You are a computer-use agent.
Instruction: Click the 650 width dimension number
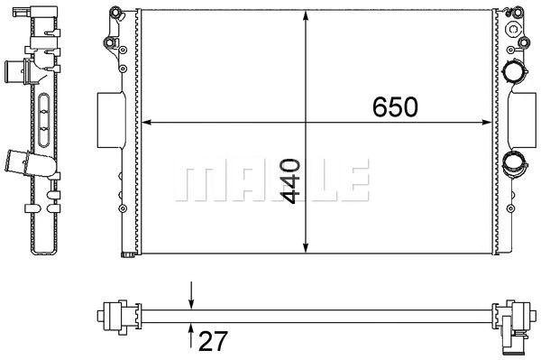tap(395, 106)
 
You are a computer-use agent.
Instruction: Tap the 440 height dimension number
tap(290, 180)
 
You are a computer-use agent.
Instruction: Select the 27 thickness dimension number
tap(214, 341)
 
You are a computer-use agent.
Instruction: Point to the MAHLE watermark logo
tap(272, 180)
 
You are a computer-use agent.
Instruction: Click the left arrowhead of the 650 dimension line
tap(146, 122)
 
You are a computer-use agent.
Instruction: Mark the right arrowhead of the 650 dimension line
tap(487, 122)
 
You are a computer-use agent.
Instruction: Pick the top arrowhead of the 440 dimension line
tap(306, 15)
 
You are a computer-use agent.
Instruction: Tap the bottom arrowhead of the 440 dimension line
tap(306, 248)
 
